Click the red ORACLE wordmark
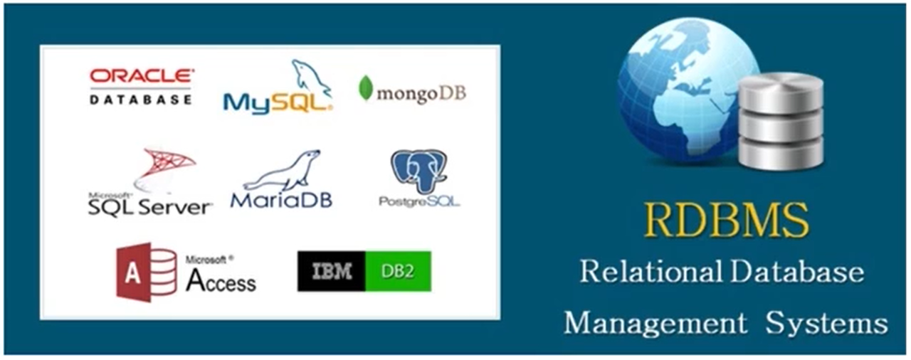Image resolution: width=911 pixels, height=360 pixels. pos(142,75)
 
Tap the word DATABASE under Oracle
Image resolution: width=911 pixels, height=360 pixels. pos(141,100)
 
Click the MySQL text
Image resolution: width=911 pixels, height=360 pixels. pos(278,103)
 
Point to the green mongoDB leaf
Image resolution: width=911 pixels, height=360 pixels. pos(366,88)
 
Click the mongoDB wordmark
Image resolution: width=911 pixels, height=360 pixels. pos(421,94)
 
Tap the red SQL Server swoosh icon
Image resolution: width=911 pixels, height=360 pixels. pos(164,170)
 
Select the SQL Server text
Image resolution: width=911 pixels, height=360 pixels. pos(149,207)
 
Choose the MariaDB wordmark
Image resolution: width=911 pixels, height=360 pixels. pos(281,201)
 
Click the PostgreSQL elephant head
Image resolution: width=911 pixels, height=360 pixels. pos(418,171)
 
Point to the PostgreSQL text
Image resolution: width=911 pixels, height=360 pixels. pos(419,202)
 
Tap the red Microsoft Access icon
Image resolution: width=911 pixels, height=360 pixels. pos(147,272)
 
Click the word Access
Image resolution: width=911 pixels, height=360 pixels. pos(221,281)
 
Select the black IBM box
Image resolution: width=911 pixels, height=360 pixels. pos(332,271)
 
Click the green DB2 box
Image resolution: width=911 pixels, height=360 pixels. pos(398,271)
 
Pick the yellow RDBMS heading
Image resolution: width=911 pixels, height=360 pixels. pos(726,221)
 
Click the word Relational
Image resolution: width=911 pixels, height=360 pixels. pos(651,271)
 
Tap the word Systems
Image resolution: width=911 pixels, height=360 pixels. pos(826,324)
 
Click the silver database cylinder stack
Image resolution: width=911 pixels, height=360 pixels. pos(781,121)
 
